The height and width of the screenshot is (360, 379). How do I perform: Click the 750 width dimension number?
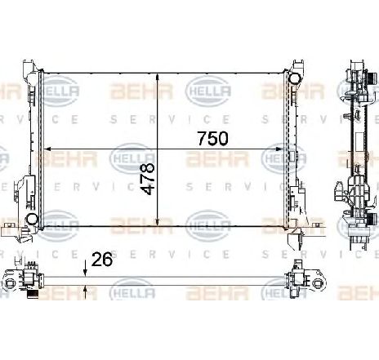(x=212, y=138)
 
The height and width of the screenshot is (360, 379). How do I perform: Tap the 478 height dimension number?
(x=149, y=179)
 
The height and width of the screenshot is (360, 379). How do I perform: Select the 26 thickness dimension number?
(x=102, y=260)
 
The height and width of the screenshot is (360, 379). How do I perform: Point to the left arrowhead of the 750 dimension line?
(x=47, y=149)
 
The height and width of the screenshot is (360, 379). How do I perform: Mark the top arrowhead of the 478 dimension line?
(x=158, y=78)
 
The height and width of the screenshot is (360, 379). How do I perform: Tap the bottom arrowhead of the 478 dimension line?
(x=158, y=221)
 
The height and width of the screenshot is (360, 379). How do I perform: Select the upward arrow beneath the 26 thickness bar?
(x=86, y=292)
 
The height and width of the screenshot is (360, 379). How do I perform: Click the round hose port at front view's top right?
(x=295, y=78)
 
